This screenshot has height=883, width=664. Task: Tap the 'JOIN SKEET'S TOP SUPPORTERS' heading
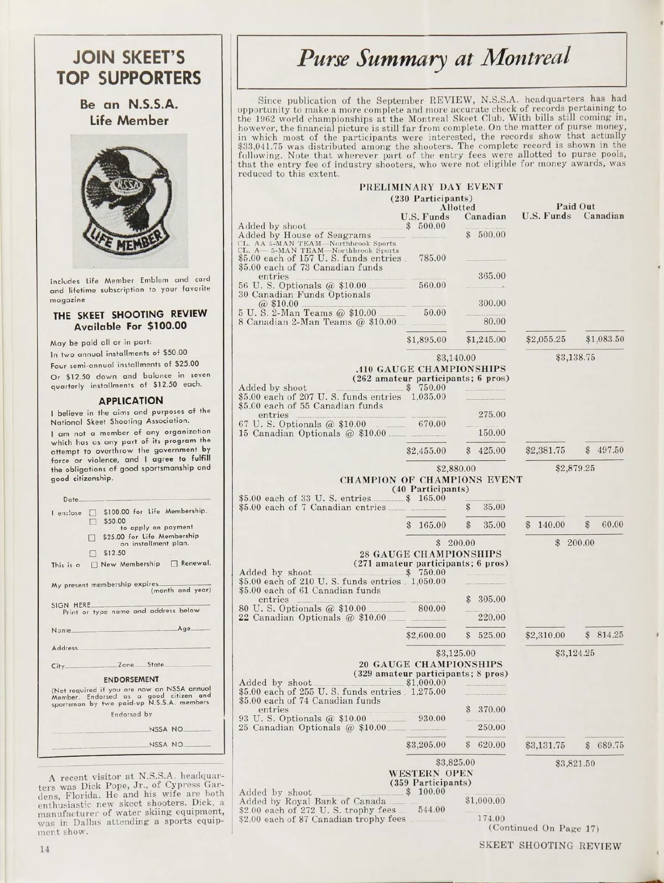[129, 68]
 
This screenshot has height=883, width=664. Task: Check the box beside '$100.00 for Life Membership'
[93, 511]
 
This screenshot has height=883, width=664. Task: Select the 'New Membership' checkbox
[95, 564]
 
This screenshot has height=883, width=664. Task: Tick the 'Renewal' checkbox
[174, 564]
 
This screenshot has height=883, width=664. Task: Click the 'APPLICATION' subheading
[131, 400]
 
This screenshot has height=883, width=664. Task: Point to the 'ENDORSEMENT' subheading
[131, 679]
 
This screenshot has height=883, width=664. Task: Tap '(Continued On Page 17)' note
[544, 828]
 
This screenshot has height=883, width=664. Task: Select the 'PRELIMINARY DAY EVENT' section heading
[431, 187]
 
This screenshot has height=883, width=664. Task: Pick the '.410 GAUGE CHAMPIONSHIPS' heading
[431, 369]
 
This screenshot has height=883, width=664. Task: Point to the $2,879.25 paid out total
[575, 468]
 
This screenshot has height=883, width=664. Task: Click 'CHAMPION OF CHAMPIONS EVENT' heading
[430, 479]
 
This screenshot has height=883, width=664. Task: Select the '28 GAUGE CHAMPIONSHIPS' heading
[430, 554]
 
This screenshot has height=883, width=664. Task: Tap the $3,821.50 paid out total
[575, 763]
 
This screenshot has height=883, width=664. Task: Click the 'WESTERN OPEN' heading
[431, 773]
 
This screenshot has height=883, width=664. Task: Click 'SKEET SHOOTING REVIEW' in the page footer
[550, 846]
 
